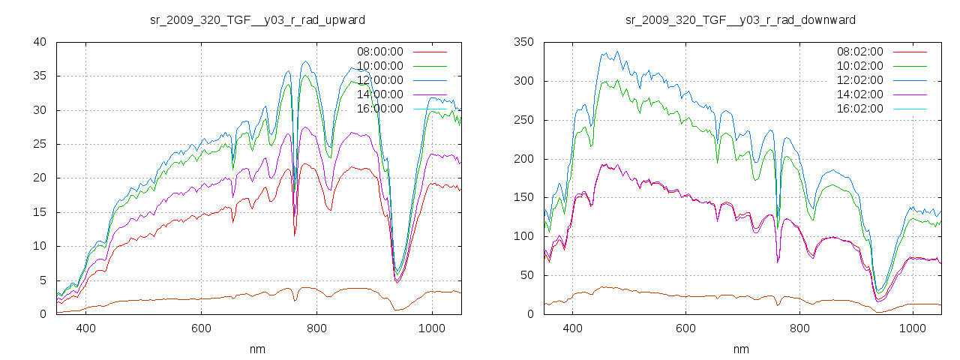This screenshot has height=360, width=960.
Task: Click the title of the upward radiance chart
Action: pyautogui.click(x=258, y=19)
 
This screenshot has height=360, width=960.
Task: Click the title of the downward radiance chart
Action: pyautogui.click(x=741, y=19)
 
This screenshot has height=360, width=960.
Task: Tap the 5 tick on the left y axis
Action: pyautogui.click(x=44, y=280)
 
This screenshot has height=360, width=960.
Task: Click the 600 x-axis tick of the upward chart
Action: pyautogui.click(x=201, y=328)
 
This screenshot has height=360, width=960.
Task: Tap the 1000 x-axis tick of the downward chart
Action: pyautogui.click(x=912, y=328)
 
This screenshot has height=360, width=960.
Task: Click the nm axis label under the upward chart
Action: pyautogui.click(x=258, y=349)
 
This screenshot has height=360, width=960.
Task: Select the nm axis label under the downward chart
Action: pyautogui.click(x=741, y=349)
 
